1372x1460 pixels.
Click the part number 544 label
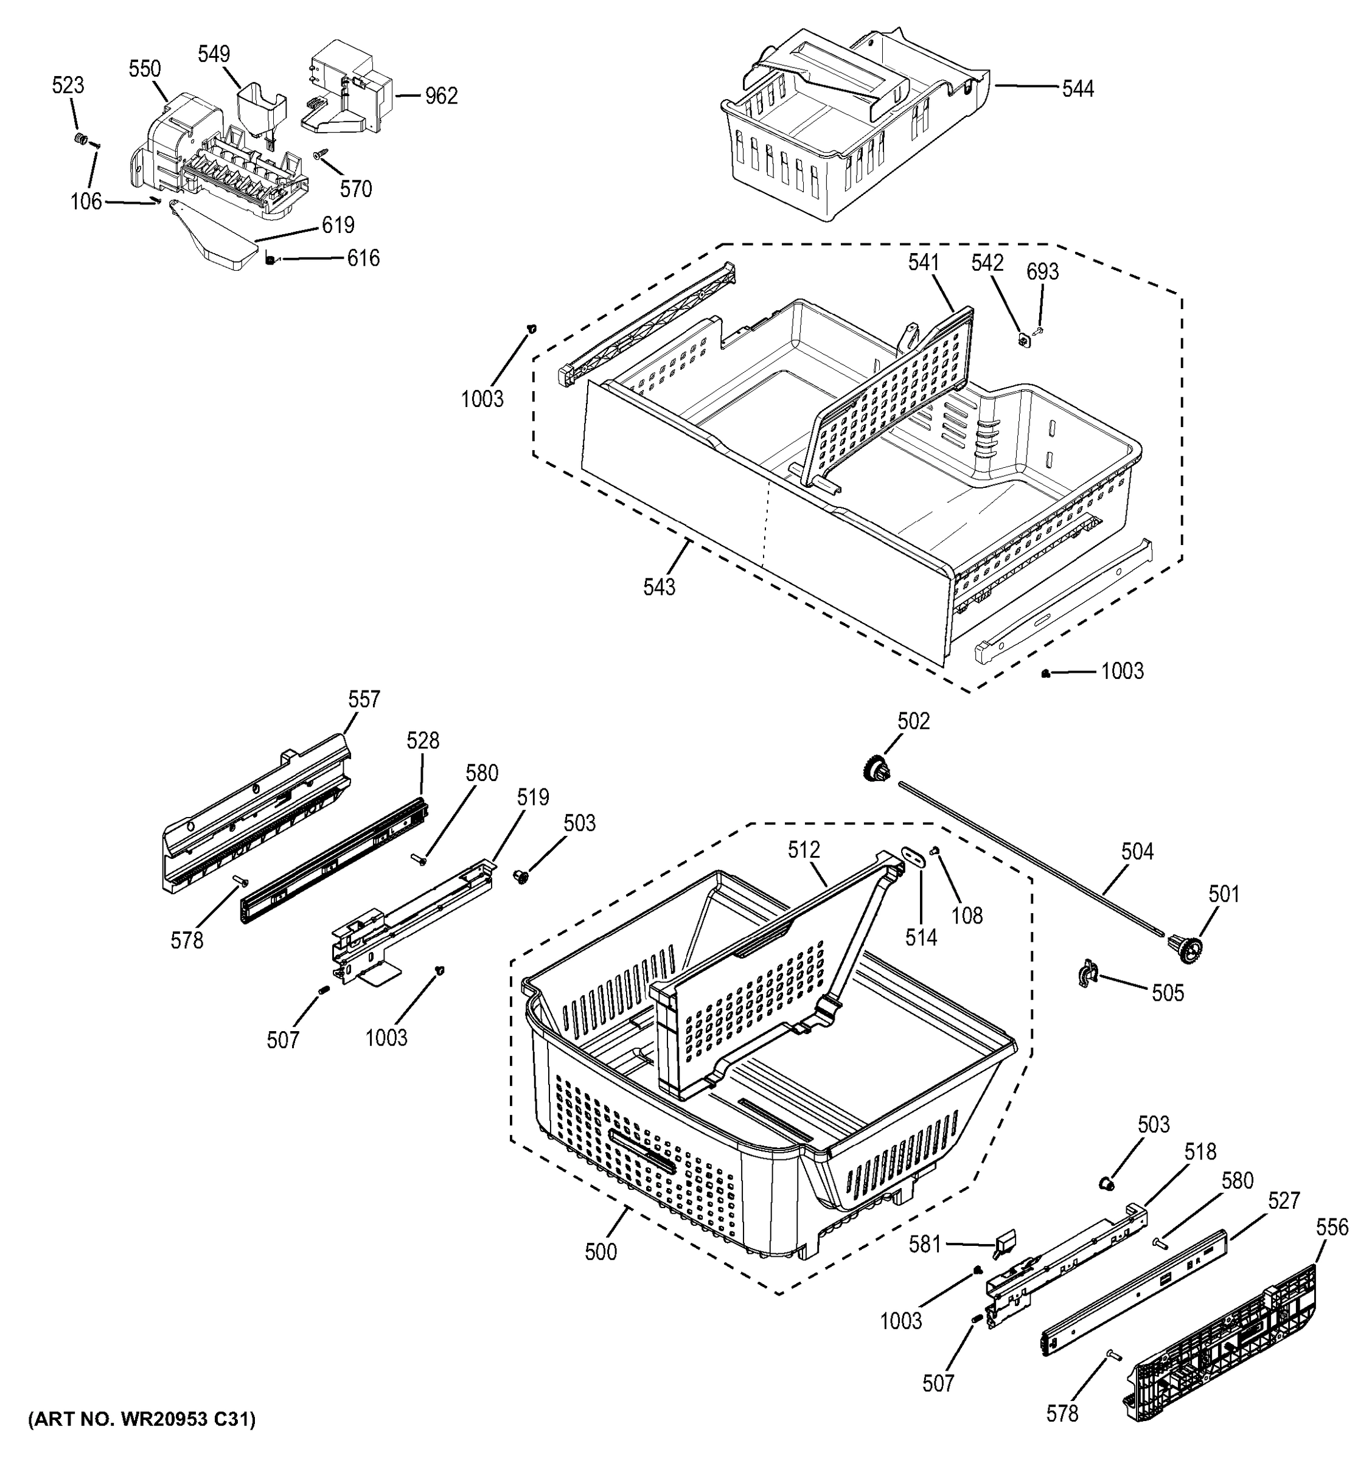(1078, 89)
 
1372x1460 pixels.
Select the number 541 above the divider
(923, 263)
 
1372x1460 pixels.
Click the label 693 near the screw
(1042, 273)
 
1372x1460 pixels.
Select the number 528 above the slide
(423, 741)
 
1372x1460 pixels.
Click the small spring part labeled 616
(270, 259)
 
